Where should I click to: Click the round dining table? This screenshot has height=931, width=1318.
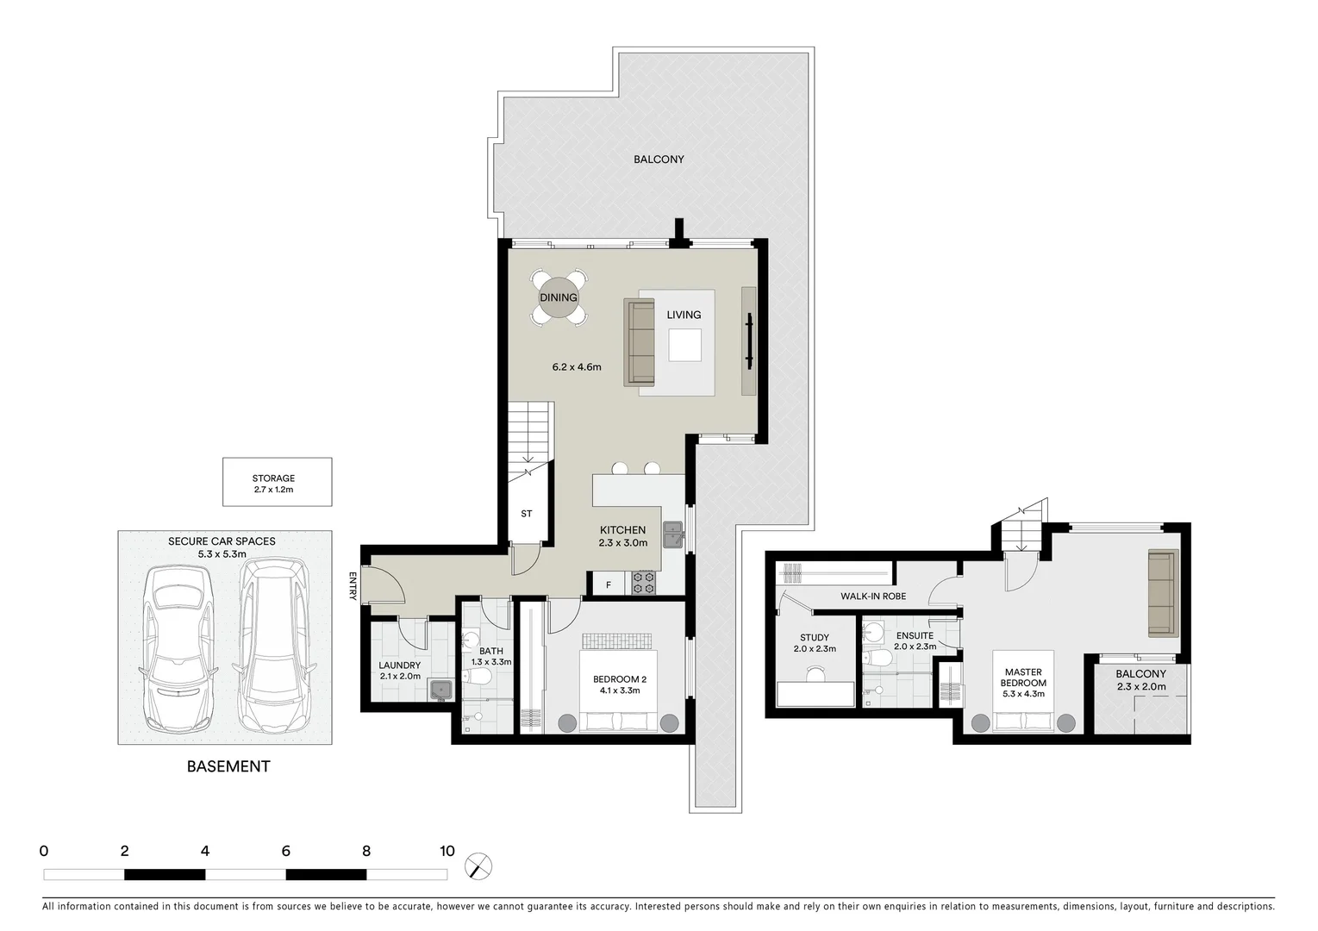tap(559, 297)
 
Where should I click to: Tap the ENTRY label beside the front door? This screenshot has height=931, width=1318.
tap(353, 585)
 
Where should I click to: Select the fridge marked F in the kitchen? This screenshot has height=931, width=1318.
tap(609, 585)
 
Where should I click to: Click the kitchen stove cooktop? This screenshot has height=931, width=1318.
tap(645, 583)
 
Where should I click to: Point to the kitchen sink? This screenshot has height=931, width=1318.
tap(672, 535)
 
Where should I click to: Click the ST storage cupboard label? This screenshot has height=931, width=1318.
tap(526, 514)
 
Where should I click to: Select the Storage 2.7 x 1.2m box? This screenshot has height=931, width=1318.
tap(277, 482)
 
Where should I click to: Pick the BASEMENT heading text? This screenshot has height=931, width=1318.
tap(228, 766)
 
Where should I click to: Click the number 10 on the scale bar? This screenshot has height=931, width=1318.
tap(446, 852)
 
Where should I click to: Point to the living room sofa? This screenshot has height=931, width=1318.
tap(640, 342)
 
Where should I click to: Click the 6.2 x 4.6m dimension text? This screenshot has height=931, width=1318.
tap(576, 367)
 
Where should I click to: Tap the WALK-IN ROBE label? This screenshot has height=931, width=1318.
tap(873, 596)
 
